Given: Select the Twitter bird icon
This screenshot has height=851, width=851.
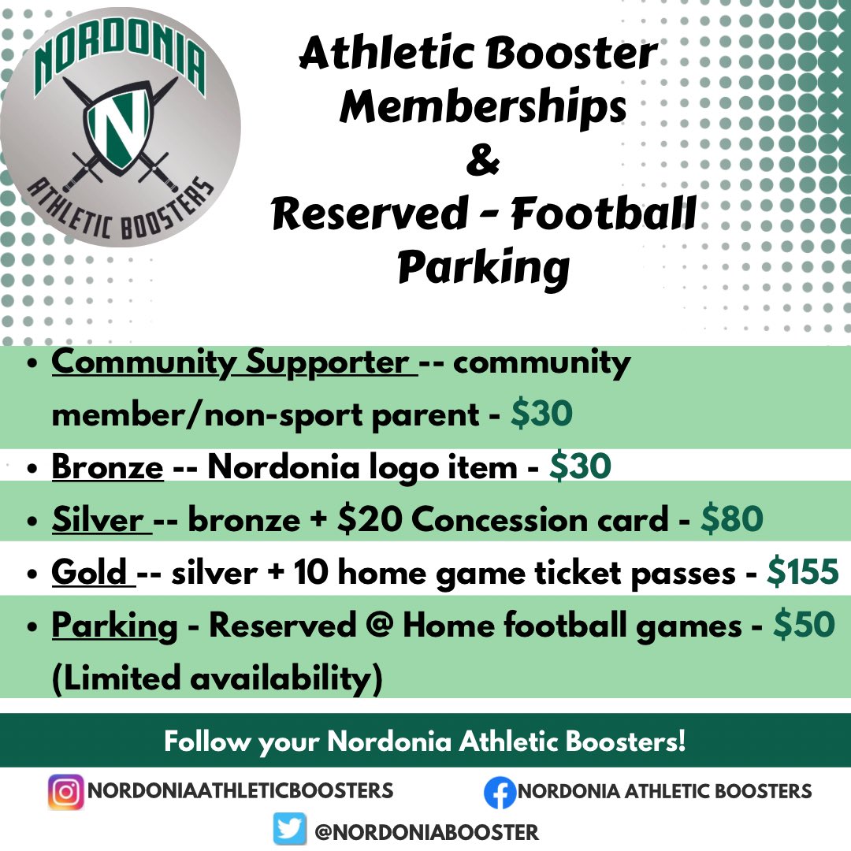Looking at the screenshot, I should (290, 830).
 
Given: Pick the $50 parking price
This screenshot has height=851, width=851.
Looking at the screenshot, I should (803, 626).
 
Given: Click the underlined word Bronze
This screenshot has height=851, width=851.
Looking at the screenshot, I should (107, 467).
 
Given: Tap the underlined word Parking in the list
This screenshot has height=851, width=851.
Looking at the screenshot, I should (114, 626).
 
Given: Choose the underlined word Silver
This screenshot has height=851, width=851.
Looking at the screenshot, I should (101, 520).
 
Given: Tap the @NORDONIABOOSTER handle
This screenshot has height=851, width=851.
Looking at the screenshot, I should (426, 831).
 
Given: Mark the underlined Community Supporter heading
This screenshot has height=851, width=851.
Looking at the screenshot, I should (233, 363).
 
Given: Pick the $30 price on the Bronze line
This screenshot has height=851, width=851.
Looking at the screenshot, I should (580, 467).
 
